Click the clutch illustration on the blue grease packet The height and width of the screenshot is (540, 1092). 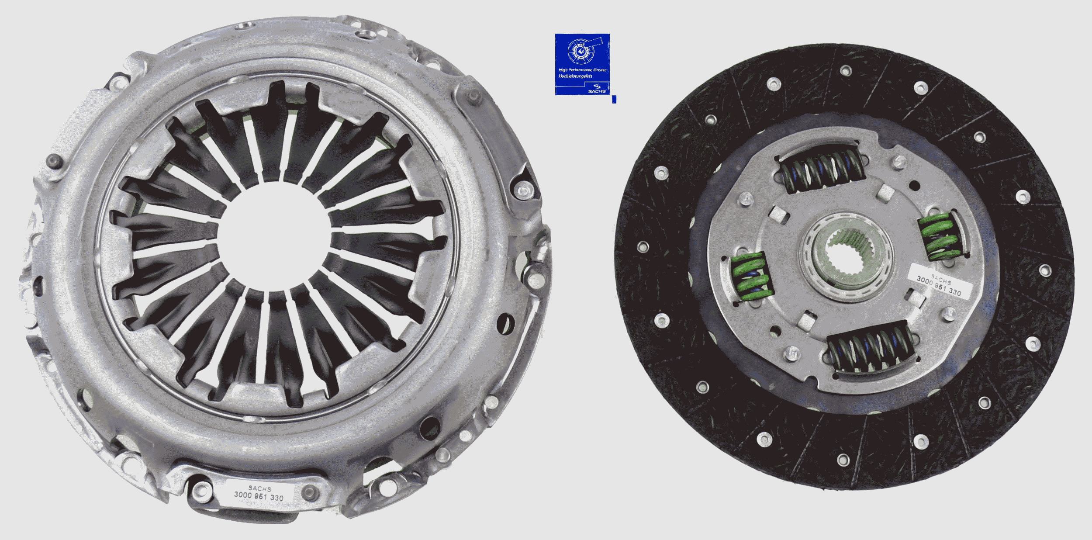(581, 52)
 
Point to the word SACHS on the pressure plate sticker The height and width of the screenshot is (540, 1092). (259, 489)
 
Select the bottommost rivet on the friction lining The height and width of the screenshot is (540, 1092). (843, 471)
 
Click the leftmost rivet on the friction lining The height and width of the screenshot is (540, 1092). (642, 246)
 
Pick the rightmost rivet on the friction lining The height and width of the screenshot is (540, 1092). (1045, 269)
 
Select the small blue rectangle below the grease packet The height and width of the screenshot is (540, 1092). (614, 100)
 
